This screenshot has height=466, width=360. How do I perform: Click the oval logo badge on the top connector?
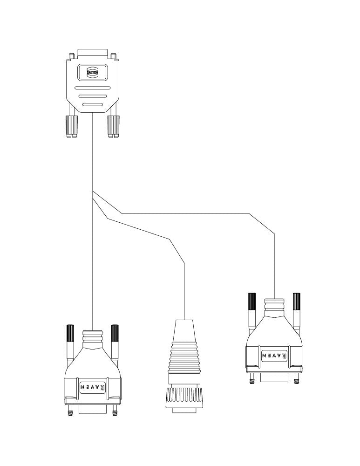pos(92,72)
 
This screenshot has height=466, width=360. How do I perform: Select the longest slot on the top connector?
pos(92,88)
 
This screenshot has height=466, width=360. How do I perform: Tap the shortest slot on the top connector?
pos(92,105)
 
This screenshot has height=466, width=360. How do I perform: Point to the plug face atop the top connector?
pos(92,52)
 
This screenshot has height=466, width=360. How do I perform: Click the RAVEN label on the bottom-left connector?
pos(93,387)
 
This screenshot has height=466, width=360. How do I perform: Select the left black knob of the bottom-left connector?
pos(70,333)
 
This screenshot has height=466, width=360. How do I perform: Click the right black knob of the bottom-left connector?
pos(115,333)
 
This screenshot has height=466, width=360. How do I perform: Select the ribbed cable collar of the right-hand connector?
pos(274,306)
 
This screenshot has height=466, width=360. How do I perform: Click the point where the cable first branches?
pos(93,191)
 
